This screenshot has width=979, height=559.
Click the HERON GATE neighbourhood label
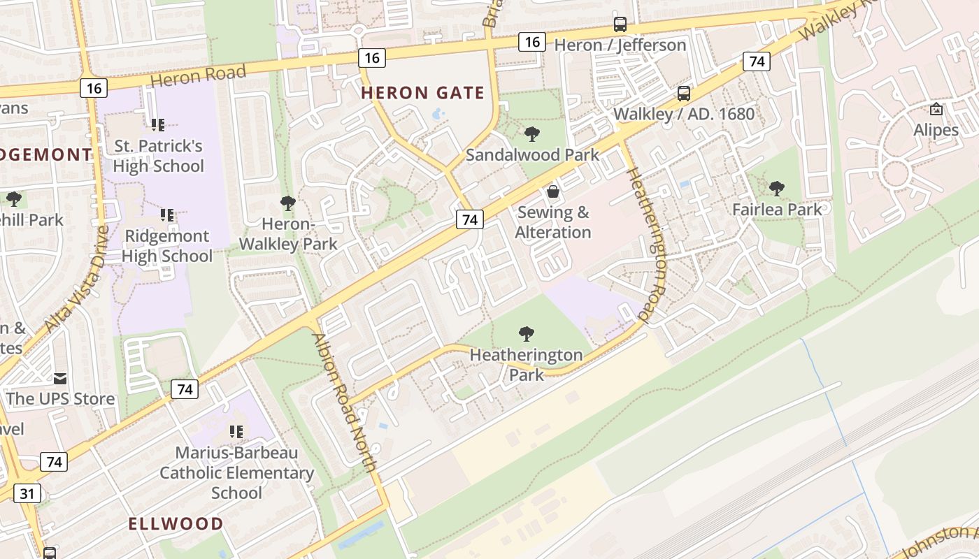coord(422,93)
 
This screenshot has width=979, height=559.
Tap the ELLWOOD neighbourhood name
coord(176,523)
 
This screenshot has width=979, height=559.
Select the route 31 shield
coord(27,493)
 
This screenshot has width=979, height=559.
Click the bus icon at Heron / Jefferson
coord(620,24)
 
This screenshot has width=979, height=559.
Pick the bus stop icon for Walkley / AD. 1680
coord(684,93)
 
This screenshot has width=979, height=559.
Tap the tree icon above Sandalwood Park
coord(531,133)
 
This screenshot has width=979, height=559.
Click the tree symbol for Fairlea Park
coord(776,188)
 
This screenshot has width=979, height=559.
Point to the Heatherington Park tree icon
coord(527,334)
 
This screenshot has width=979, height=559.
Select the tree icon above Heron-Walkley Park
coord(287,203)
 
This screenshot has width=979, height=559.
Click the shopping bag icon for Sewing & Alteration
coord(553,191)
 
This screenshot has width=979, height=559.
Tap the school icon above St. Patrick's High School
coord(158,125)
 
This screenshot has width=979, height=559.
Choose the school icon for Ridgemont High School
coord(166,215)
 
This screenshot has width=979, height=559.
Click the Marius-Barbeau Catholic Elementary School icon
coord(236,432)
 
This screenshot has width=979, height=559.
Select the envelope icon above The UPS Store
coord(60,378)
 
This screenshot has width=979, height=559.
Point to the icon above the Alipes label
coord(936,109)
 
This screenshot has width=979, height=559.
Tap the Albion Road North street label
coord(345,402)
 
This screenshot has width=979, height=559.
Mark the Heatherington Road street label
coord(647,245)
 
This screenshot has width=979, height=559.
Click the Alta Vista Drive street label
coord(76,279)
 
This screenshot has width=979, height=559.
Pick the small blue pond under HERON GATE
coord(438,113)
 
